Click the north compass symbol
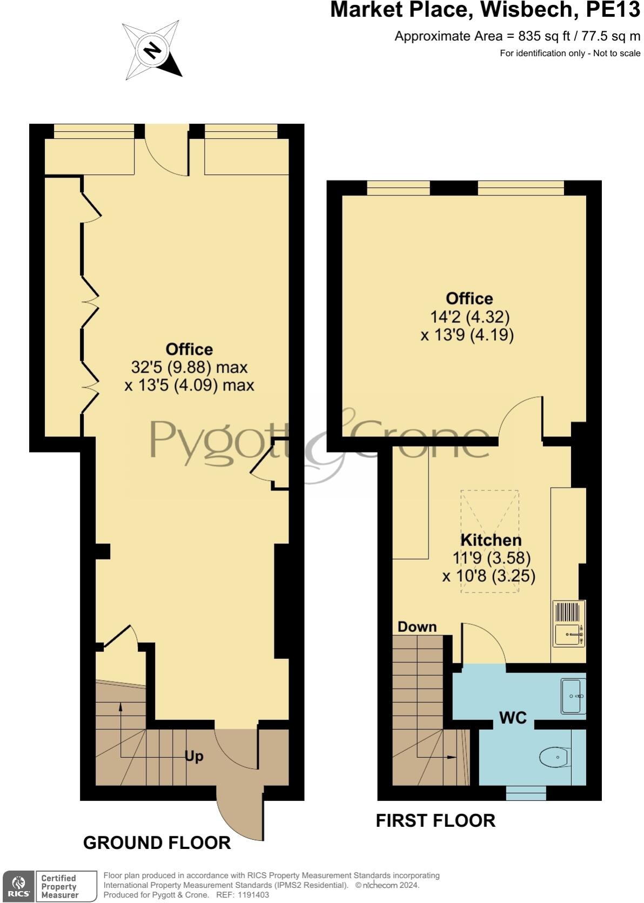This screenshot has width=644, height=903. pyautogui.click(x=152, y=51)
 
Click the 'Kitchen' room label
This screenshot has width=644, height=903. pyautogui.click(x=491, y=540)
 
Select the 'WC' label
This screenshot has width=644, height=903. pyautogui.click(x=513, y=718)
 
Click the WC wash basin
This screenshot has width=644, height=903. pyautogui.click(x=573, y=696)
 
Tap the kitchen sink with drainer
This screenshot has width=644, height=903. pyautogui.click(x=568, y=624)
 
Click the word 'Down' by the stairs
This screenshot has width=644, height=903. pyautogui.click(x=417, y=626)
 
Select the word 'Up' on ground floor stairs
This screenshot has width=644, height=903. pyautogui.click(x=194, y=756)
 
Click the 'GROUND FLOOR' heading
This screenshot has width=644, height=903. pyautogui.click(x=157, y=843)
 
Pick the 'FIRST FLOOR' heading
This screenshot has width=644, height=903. pyautogui.click(x=435, y=820)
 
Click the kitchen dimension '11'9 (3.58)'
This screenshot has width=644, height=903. pyautogui.click(x=491, y=557)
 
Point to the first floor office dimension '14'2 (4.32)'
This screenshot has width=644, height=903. pyautogui.click(x=469, y=316)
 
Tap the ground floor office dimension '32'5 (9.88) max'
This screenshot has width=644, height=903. pyautogui.click(x=189, y=367)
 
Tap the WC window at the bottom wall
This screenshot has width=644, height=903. pyautogui.click(x=526, y=792)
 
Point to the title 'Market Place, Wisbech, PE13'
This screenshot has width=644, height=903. pyautogui.click(x=485, y=10)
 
